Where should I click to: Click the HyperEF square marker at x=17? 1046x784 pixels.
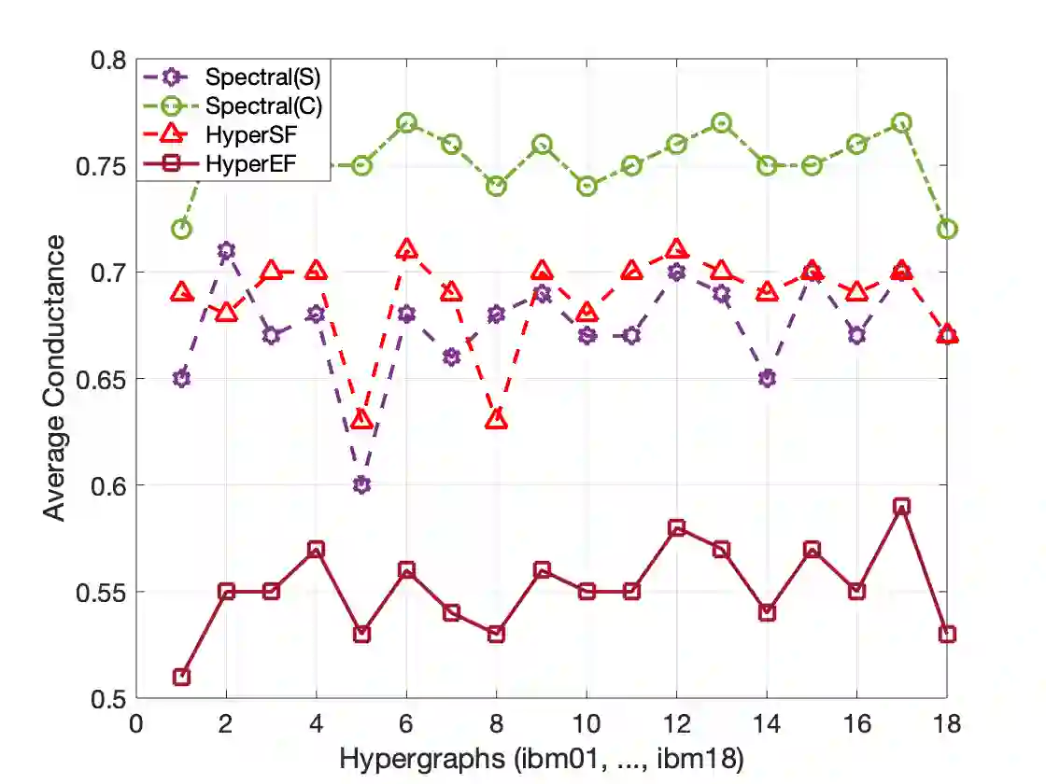[x=901, y=507]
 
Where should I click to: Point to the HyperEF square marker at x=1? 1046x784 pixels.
[x=182, y=677]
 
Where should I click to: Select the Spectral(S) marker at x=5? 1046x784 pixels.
[x=362, y=485]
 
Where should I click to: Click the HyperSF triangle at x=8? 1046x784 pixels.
[x=497, y=420]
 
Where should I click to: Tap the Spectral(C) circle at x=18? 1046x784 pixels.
[x=947, y=230]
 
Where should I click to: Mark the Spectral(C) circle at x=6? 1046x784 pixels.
[x=406, y=123]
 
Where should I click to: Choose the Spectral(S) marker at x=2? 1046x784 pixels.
[x=226, y=251]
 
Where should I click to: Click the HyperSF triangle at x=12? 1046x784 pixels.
[x=677, y=249]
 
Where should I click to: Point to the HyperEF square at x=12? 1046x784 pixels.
[x=677, y=528]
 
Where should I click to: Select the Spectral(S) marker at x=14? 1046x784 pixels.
[x=767, y=379]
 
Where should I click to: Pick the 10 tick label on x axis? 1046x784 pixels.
[x=587, y=724]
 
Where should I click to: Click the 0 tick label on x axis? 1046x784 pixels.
[x=136, y=724]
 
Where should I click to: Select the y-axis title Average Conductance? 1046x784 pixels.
[x=57, y=378]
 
